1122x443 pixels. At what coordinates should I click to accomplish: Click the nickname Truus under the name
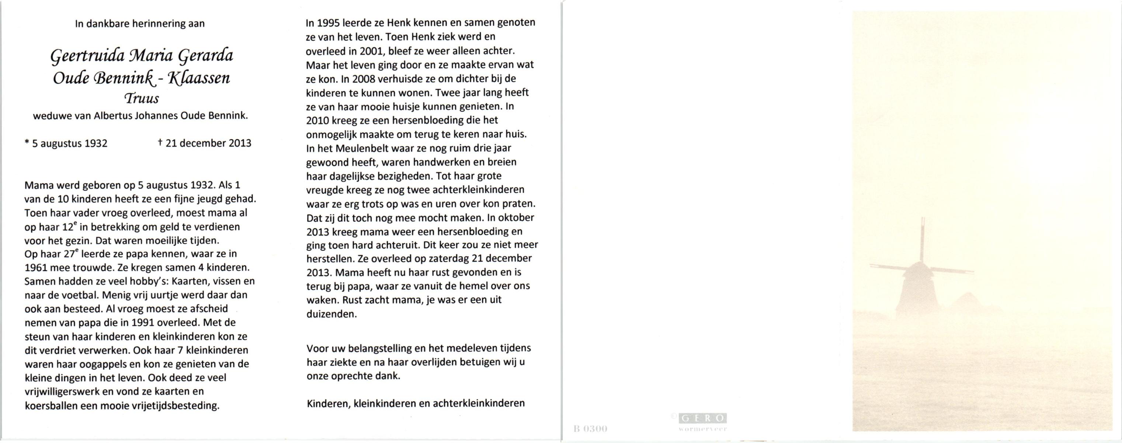click(x=142, y=99)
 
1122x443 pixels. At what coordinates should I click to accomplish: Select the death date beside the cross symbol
click(x=208, y=143)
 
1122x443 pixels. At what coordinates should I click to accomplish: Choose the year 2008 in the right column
click(x=363, y=79)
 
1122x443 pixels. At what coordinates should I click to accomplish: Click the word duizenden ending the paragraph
click(x=331, y=314)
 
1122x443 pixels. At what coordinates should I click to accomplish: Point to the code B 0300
click(x=590, y=429)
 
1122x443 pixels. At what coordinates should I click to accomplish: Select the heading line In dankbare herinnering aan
click(x=140, y=24)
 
